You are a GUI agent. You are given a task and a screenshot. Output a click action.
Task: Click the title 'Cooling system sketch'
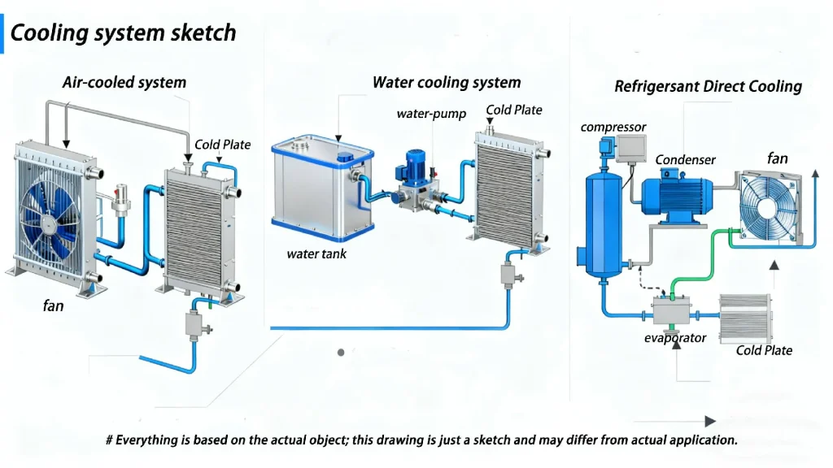123,32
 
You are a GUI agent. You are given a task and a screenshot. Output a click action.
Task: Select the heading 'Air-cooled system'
124,82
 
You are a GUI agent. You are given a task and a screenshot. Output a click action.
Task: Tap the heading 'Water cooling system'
446,82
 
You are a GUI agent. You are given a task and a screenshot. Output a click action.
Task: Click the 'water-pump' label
431,114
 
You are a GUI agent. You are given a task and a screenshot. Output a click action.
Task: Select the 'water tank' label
316,253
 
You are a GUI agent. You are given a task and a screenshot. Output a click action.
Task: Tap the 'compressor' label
613,127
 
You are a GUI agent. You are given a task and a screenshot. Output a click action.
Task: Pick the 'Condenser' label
686,160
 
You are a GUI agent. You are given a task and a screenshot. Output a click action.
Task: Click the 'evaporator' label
675,337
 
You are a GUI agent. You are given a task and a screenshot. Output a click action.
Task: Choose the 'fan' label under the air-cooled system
54,306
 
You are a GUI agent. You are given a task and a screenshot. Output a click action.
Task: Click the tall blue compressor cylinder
604,219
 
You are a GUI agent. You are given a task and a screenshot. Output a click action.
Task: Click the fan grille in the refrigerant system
769,207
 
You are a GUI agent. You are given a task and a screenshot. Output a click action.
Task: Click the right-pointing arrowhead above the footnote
709,421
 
